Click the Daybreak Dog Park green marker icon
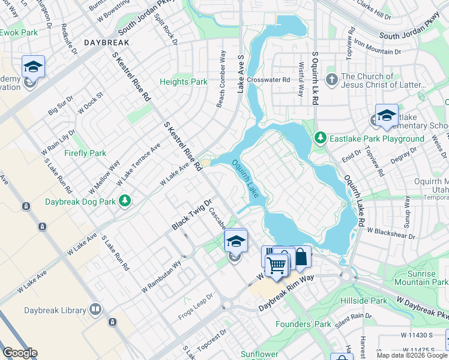(x=125, y=200)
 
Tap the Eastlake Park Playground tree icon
(x=321, y=139)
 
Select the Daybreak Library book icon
(x=95, y=310)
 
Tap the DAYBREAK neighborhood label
(x=106, y=43)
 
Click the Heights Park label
(x=183, y=82)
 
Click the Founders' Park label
(x=303, y=324)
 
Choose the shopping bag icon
(x=301, y=257)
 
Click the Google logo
(x=19, y=353)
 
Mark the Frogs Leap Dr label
(x=197, y=307)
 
